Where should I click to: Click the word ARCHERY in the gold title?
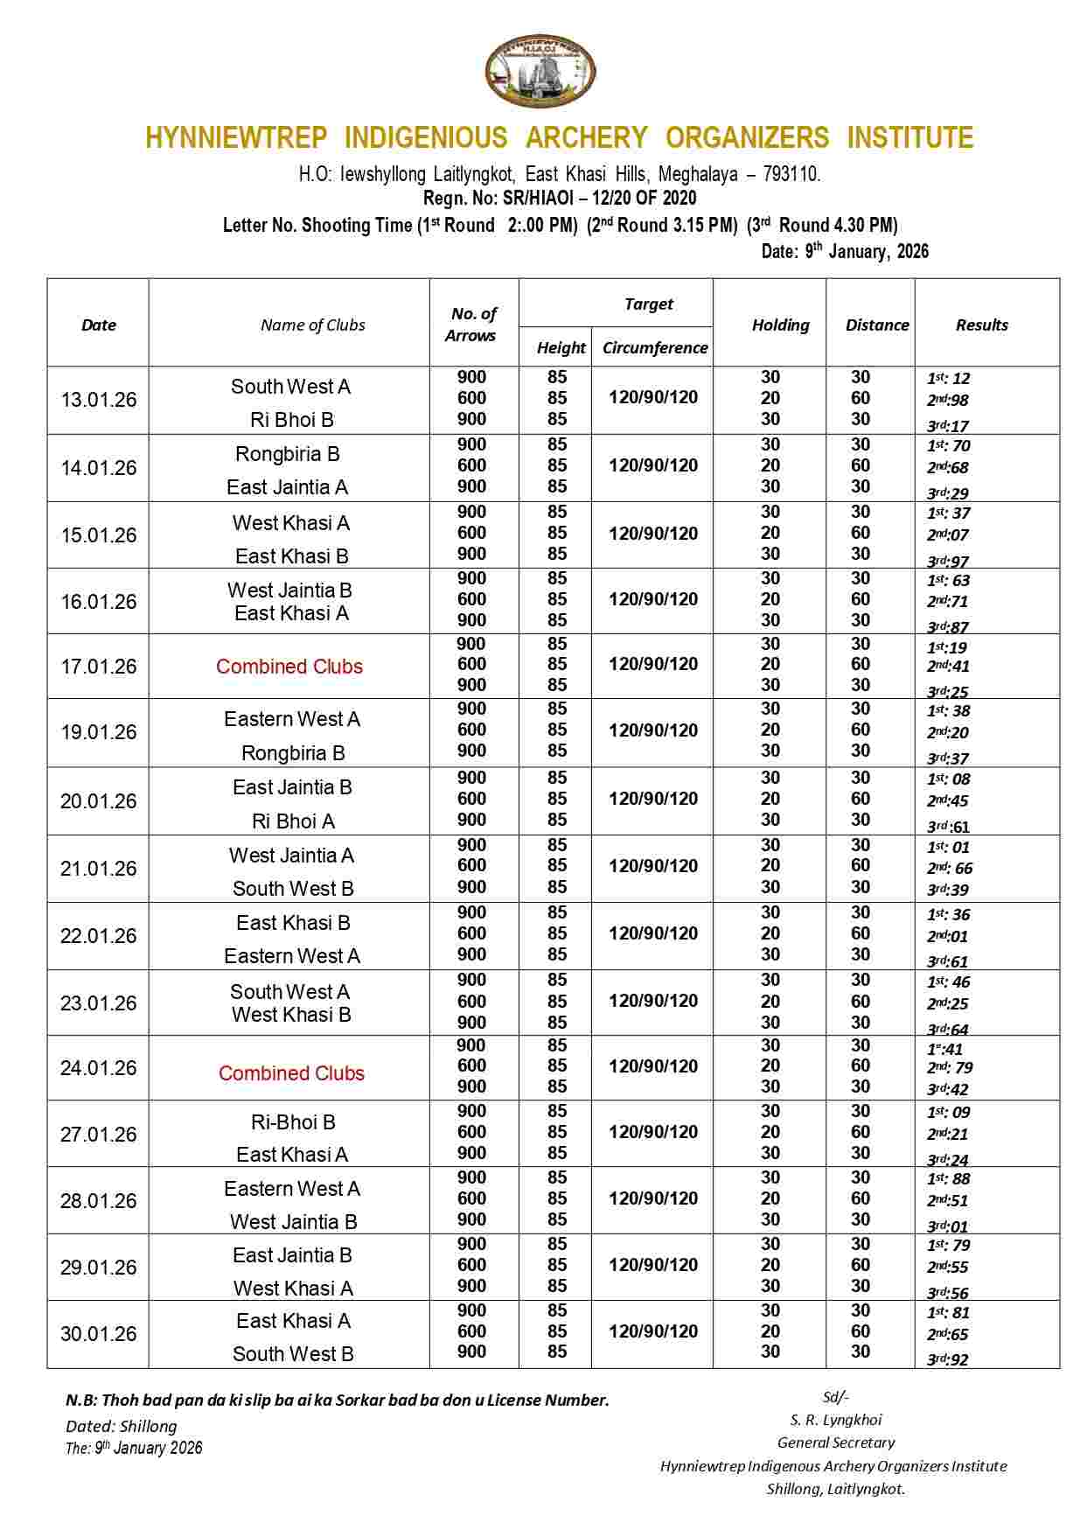[x=586, y=138]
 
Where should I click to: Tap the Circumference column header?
[x=654, y=347]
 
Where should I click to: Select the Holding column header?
[x=780, y=325]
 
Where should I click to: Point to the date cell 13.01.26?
[x=99, y=400]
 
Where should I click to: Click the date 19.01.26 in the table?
[x=99, y=732]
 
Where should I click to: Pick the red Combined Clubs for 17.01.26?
[x=289, y=667]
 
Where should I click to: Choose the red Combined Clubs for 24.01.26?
[x=291, y=1073]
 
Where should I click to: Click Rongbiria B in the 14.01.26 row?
[x=287, y=454]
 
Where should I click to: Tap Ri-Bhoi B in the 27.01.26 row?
[x=293, y=1122]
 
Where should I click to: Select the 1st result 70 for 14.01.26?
[x=949, y=446]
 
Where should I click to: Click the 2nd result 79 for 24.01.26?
[x=950, y=1068]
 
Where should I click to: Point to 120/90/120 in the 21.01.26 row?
[x=653, y=866]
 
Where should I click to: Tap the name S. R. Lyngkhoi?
[x=836, y=1420]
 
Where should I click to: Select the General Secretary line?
[x=836, y=1443]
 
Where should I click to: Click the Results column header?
[x=981, y=325]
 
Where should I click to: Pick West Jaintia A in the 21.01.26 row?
[x=291, y=856]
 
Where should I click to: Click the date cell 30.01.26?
[x=99, y=1334]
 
